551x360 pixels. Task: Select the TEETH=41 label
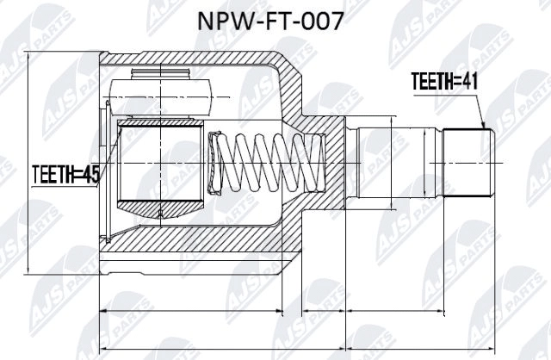click(x=444, y=82)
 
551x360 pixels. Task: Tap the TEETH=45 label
click(x=65, y=175)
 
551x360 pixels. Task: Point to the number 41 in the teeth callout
click(x=467, y=82)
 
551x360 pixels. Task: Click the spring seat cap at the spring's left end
click(x=214, y=164)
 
